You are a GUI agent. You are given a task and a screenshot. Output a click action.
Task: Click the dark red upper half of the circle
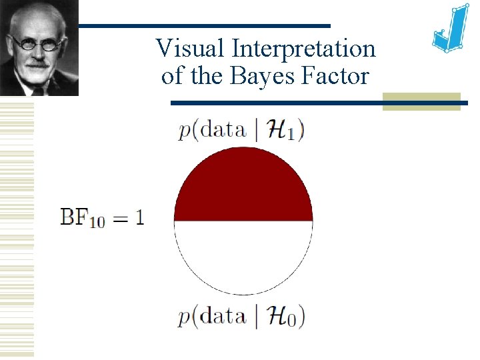[243, 187]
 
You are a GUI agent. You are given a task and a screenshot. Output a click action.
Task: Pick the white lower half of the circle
[243, 257]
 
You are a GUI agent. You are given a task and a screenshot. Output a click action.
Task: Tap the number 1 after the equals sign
[138, 217]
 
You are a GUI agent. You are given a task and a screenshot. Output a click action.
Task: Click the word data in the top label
[223, 130]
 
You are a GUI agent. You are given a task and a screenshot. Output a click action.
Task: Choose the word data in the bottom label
[223, 316]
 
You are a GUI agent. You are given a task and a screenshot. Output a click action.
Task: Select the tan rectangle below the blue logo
[421, 101]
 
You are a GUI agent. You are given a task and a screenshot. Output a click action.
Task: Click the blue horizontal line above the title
[204, 25]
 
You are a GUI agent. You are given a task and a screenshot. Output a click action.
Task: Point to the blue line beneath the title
[277, 103]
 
